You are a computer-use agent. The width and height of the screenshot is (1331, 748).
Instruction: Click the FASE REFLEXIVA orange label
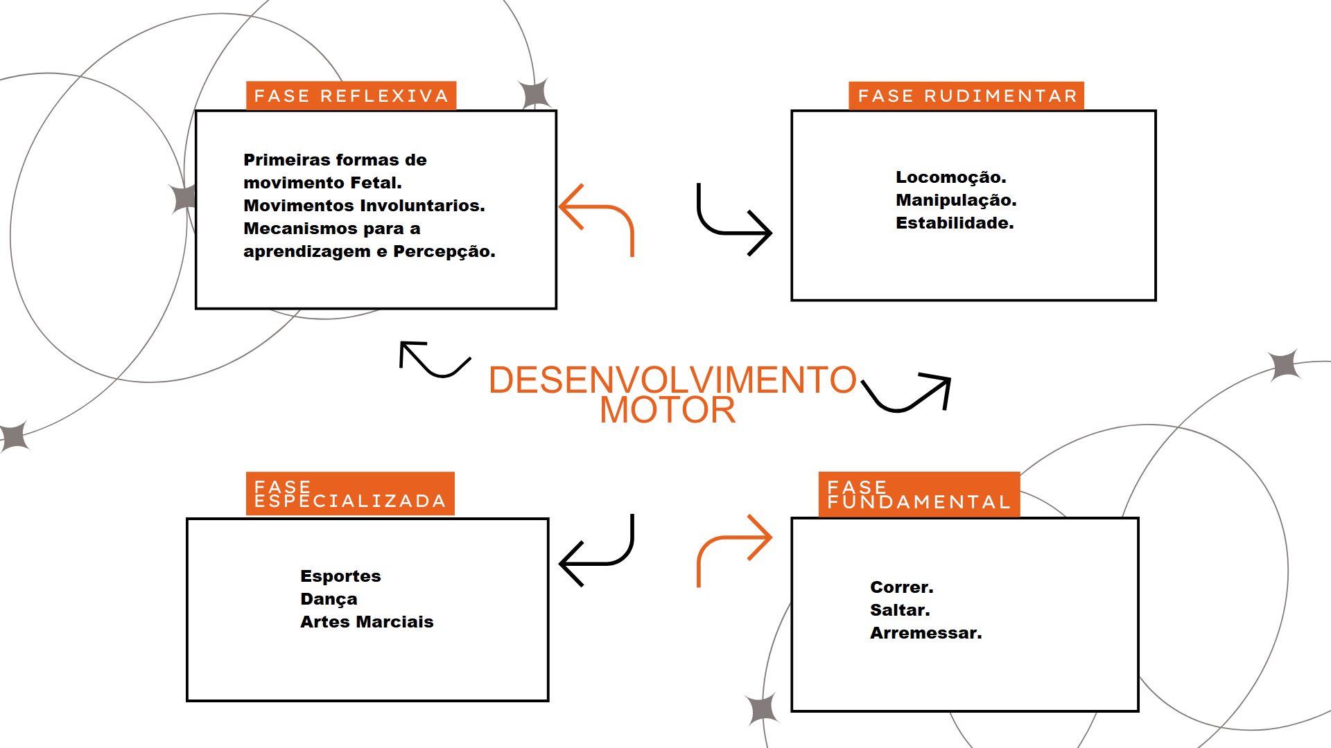click(x=351, y=96)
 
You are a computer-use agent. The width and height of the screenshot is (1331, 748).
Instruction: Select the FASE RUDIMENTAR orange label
click(x=966, y=96)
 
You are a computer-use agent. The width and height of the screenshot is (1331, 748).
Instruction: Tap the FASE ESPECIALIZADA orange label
click(x=350, y=494)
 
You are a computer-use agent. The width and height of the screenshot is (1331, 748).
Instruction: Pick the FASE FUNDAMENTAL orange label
click(x=919, y=495)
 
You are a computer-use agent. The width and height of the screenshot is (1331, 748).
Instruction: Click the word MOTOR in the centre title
click(x=667, y=410)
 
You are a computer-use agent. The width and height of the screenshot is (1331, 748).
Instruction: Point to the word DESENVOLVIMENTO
click(x=672, y=380)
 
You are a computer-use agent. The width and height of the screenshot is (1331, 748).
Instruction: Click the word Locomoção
click(x=950, y=177)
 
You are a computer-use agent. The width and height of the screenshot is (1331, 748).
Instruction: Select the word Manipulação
click(x=955, y=200)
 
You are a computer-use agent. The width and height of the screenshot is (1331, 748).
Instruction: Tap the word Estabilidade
click(x=954, y=223)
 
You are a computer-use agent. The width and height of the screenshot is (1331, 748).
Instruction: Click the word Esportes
click(x=340, y=576)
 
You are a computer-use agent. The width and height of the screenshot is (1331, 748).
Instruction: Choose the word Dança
click(x=329, y=599)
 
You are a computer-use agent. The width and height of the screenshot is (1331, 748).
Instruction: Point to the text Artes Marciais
click(x=367, y=622)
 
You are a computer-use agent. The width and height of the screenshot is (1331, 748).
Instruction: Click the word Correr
click(x=901, y=587)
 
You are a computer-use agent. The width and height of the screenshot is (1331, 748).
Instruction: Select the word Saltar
click(x=900, y=610)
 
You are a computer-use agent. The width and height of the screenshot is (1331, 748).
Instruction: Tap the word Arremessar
click(x=925, y=633)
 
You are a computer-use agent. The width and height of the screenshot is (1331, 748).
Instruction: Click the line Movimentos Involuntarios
click(x=364, y=206)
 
